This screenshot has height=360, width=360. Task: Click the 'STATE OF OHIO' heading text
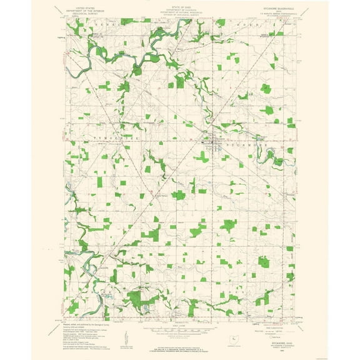point(180,6)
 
